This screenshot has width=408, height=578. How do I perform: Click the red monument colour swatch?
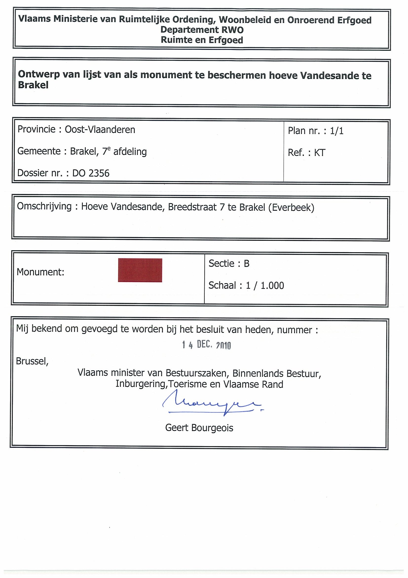click(x=140, y=270)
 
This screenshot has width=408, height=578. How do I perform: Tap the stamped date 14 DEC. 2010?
click(x=206, y=345)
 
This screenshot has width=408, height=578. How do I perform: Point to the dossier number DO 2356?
click(x=91, y=173)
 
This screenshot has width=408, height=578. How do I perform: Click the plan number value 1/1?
click(x=337, y=131)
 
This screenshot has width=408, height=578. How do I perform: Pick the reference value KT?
click(x=319, y=153)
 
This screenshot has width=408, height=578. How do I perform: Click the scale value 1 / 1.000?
click(x=265, y=286)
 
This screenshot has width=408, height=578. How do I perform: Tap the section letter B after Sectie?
click(x=246, y=264)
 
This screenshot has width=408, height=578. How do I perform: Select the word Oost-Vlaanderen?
click(x=100, y=130)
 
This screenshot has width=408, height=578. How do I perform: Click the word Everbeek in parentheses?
click(x=291, y=207)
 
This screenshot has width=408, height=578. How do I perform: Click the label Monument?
click(x=40, y=272)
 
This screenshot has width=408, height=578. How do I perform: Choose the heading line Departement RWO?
click(x=202, y=30)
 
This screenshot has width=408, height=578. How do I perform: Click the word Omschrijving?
click(x=44, y=206)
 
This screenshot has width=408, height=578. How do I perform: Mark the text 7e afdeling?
click(x=124, y=152)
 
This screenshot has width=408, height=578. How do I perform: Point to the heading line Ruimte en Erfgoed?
click(x=202, y=40)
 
